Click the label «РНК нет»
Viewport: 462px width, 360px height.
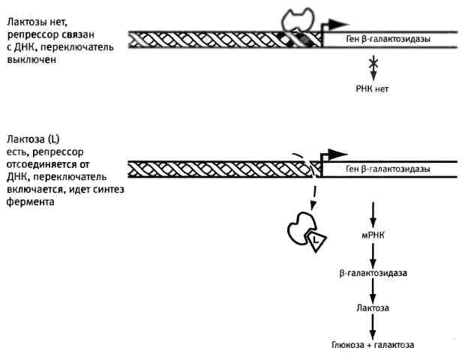(372, 88)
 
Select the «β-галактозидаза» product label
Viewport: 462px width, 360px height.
(373, 272)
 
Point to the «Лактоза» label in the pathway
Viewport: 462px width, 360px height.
(373, 308)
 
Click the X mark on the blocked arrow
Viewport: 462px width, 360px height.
(372, 66)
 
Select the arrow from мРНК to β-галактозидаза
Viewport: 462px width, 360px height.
(372, 254)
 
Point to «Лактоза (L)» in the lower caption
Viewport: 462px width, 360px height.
(33, 139)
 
